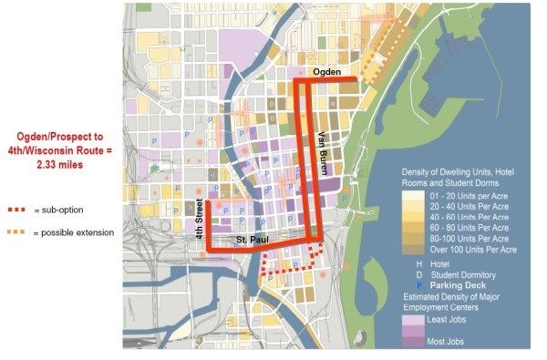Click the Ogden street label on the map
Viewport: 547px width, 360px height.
click(x=325, y=71)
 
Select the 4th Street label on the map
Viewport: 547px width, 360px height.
click(x=199, y=219)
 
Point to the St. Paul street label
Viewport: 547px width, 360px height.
click(x=251, y=240)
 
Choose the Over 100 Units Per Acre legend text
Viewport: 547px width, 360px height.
click(x=474, y=249)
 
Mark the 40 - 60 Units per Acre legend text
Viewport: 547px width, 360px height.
click(x=468, y=216)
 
